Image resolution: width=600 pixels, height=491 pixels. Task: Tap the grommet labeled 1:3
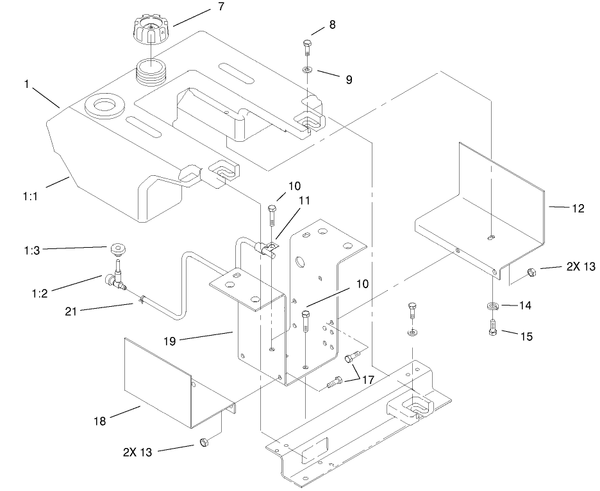click(x=117, y=248)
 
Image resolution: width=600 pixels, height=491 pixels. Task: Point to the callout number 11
click(x=304, y=201)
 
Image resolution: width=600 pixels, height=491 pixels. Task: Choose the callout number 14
click(x=524, y=306)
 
